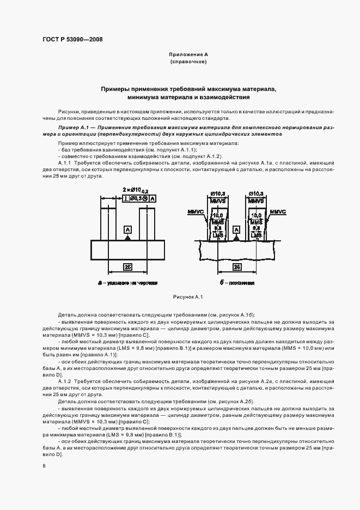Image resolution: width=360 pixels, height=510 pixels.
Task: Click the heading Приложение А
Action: coord(188,55)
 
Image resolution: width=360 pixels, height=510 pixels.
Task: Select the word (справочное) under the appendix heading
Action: coord(188,62)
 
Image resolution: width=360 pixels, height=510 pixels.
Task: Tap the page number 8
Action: coord(44,465)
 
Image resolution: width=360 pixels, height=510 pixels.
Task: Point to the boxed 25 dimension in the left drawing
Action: coord(127,268)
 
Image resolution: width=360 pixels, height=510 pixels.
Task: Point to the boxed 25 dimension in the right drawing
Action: coord(237,268)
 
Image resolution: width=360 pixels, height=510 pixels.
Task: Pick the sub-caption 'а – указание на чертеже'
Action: coord(127,283)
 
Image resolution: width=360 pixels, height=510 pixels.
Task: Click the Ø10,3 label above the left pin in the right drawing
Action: coord(218,194)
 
